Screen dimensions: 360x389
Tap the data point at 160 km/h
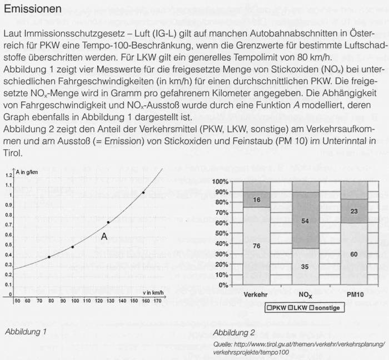point(143,193)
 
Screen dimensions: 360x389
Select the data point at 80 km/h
point(49,257)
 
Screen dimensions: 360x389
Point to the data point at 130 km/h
point(108,222)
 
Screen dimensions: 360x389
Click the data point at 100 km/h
point(73,247)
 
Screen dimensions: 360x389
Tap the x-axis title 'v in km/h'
point(152,292)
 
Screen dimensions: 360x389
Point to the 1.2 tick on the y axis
point(8,176)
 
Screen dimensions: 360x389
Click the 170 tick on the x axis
point(157,301)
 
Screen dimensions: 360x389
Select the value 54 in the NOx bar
point(305,222)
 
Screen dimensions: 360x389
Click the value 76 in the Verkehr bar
point(257,246)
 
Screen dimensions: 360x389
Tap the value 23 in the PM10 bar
point(353,211)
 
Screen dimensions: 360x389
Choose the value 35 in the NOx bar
point(305,266)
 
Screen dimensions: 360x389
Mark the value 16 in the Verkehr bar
point(257,199)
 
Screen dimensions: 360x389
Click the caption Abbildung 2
point(233,333)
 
